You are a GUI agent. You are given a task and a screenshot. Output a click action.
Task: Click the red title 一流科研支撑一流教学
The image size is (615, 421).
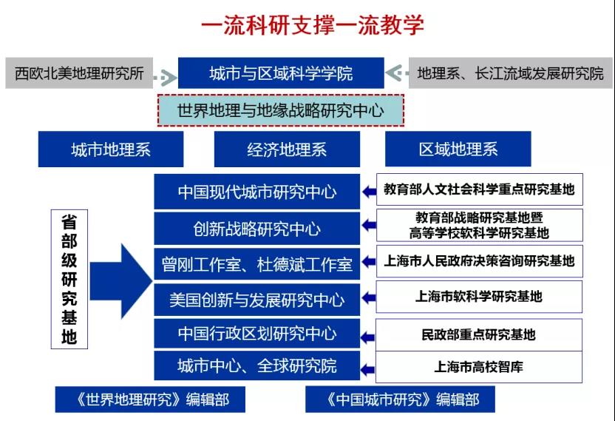click(312, 24)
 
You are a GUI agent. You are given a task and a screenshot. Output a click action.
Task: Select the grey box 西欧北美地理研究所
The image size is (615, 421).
click(79, 73)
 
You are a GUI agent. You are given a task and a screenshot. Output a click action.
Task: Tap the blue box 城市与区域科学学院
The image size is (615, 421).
click(281, 73)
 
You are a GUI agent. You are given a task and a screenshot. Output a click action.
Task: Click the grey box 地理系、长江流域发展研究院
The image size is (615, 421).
click(510, 73)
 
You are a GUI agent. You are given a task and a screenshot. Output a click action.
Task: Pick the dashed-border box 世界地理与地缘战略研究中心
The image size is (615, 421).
click(280, 110)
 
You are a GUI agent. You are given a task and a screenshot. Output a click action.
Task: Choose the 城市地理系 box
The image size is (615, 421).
click(111, 149)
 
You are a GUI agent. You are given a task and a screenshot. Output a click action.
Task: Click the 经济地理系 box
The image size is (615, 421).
click(287, 149)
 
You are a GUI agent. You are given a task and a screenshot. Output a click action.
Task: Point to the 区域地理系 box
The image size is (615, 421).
click(458, 149)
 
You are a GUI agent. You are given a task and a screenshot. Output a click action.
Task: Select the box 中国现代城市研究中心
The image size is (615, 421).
click(257, 192)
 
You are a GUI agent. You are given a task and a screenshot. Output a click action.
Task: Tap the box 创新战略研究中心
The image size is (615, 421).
click(257, 229)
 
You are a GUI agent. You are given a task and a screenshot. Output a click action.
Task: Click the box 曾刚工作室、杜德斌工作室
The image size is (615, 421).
click(257, 264)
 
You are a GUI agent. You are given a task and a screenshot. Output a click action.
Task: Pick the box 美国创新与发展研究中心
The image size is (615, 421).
click(257, 300)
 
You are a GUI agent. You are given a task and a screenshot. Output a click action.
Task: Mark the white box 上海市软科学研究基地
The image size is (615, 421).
click(479, 297)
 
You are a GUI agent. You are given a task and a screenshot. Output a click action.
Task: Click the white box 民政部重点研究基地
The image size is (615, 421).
click(479, 334)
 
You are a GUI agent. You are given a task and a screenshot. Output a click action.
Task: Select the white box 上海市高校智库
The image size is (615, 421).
click(479, 367)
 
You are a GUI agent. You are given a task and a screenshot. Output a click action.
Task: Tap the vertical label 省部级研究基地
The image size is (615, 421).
click(69, 279)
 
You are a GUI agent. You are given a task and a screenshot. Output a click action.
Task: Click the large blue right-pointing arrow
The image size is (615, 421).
click(120, 281)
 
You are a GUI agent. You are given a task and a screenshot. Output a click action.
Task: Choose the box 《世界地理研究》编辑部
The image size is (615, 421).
click(150, 400)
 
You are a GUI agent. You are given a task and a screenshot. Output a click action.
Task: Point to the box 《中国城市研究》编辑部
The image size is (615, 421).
click(400, 400)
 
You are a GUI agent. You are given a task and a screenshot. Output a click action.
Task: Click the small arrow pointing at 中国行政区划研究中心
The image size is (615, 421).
click(367, 337)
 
